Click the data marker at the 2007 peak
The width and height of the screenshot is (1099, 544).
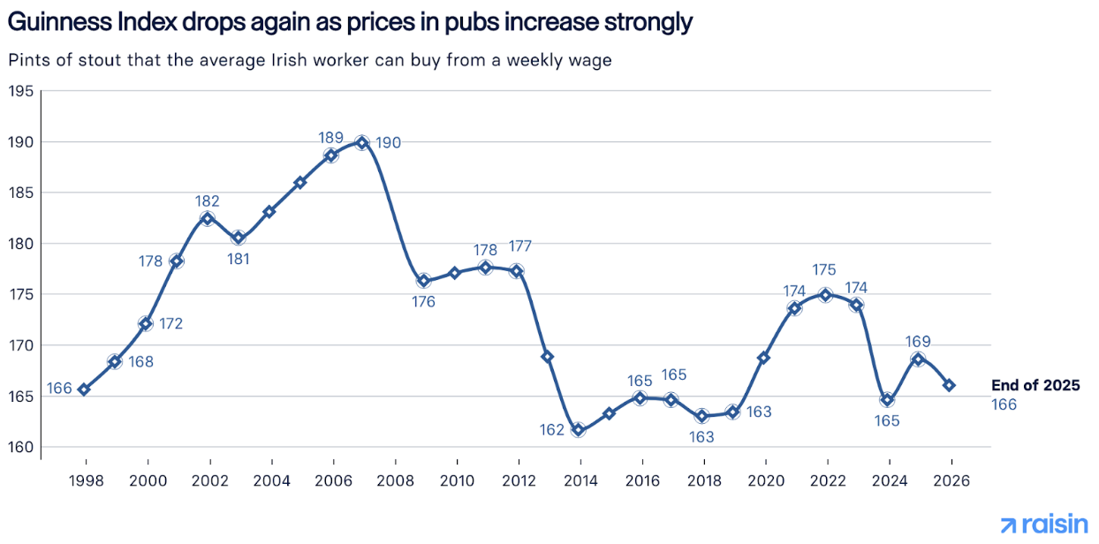(362, 142)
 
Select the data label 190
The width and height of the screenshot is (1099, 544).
(388, 143)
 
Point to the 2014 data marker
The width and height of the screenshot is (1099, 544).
(579, 430)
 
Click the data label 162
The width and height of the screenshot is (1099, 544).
(552, 430)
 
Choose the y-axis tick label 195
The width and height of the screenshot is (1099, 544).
(21, 92)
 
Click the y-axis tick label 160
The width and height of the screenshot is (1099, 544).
(21, 448)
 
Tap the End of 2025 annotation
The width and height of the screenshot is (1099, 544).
(1035, 386)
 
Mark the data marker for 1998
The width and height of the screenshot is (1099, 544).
(84, 389)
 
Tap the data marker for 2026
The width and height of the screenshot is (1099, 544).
(949, 385)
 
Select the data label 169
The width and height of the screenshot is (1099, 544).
(918, 342)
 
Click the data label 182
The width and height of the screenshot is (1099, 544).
(208, 201)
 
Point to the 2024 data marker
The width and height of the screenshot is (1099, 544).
(887, 400)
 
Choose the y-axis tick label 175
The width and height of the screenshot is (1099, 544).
(21, 295)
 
